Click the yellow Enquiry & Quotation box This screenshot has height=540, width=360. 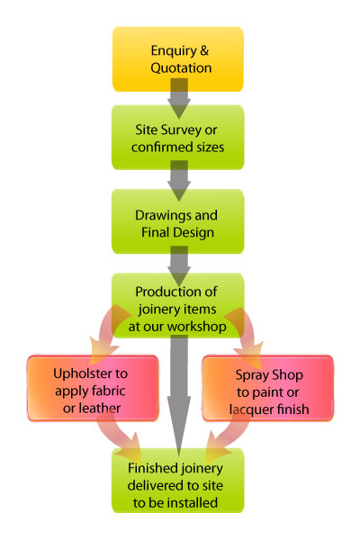point(178,58)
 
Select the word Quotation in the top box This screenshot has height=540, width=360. point(181,67)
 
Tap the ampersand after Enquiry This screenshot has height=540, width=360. point(204,50)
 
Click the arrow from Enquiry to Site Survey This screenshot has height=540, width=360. point(179,98)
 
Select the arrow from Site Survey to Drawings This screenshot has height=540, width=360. point(179,181)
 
